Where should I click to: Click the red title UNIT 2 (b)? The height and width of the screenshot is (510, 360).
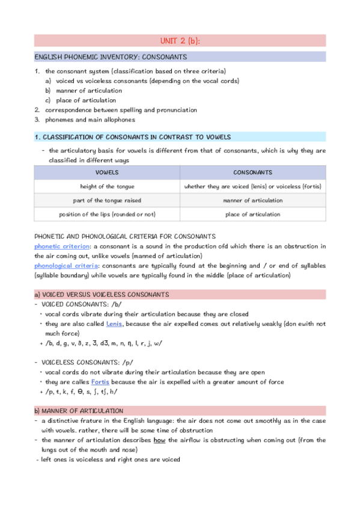click(180, 40)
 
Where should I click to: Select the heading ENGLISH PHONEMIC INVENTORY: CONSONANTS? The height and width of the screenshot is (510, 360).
click(110, 57)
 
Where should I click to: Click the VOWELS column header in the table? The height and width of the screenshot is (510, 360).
click(107, 172)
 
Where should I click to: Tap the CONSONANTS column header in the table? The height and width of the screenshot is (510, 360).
click(252, 172)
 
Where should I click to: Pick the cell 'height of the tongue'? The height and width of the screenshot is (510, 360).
click(107, 186)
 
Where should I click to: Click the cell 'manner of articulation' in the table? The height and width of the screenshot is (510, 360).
click(252, 200)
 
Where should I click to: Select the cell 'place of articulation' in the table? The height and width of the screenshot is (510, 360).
click(252, 214)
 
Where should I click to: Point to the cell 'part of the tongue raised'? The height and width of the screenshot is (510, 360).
click(107, 200)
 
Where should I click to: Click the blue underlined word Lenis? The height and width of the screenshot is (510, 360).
click(114, 324)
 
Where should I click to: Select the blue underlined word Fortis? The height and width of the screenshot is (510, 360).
click(100, 382)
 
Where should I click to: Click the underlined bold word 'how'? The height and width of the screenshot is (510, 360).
click(159, 440)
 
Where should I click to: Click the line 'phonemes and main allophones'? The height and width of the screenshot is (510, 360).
click(88, 120)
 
